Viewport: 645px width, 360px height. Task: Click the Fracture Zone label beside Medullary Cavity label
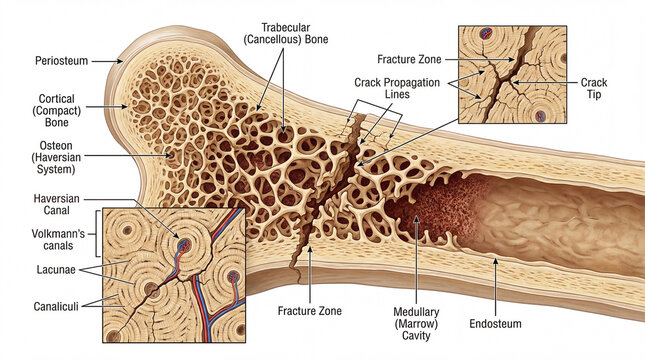308,311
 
